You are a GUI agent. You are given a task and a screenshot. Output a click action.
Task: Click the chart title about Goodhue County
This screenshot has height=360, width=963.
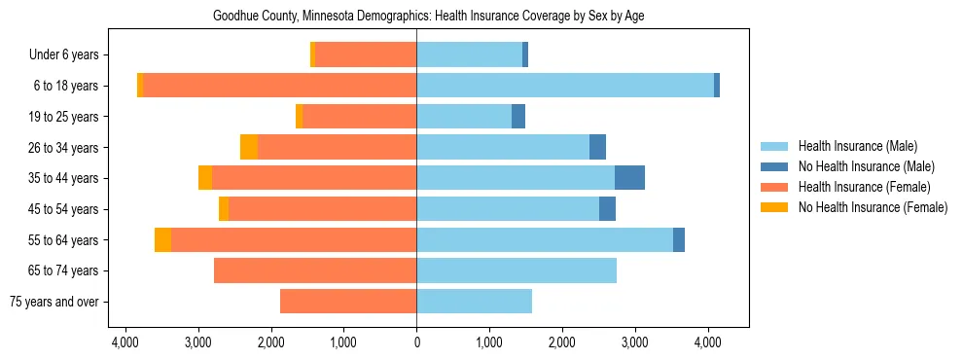pos(428,16)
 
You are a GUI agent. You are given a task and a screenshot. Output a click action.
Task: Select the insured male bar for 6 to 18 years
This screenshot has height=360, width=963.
pos(565,86)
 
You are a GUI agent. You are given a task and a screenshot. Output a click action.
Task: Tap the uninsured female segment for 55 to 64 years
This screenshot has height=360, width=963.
pos(162,239)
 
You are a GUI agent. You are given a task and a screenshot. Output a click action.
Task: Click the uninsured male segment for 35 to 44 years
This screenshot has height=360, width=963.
pos(629,178)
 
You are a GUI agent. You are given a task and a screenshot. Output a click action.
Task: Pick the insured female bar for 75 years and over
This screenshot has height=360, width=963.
pos(348,302)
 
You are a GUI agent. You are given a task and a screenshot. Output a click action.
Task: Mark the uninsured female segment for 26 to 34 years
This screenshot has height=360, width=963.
pos(249,147)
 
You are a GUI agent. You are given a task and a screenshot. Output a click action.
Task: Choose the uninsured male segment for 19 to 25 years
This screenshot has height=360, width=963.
pos(518,117)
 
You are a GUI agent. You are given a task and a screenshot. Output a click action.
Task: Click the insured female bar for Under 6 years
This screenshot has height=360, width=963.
pos(366,54)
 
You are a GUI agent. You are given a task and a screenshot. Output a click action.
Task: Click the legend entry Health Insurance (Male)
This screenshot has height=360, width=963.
pos(857,146)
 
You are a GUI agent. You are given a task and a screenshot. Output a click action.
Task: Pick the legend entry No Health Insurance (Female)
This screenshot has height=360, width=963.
pos(873,207)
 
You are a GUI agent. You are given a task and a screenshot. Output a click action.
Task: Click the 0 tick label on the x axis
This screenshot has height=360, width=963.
pos(416,342)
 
